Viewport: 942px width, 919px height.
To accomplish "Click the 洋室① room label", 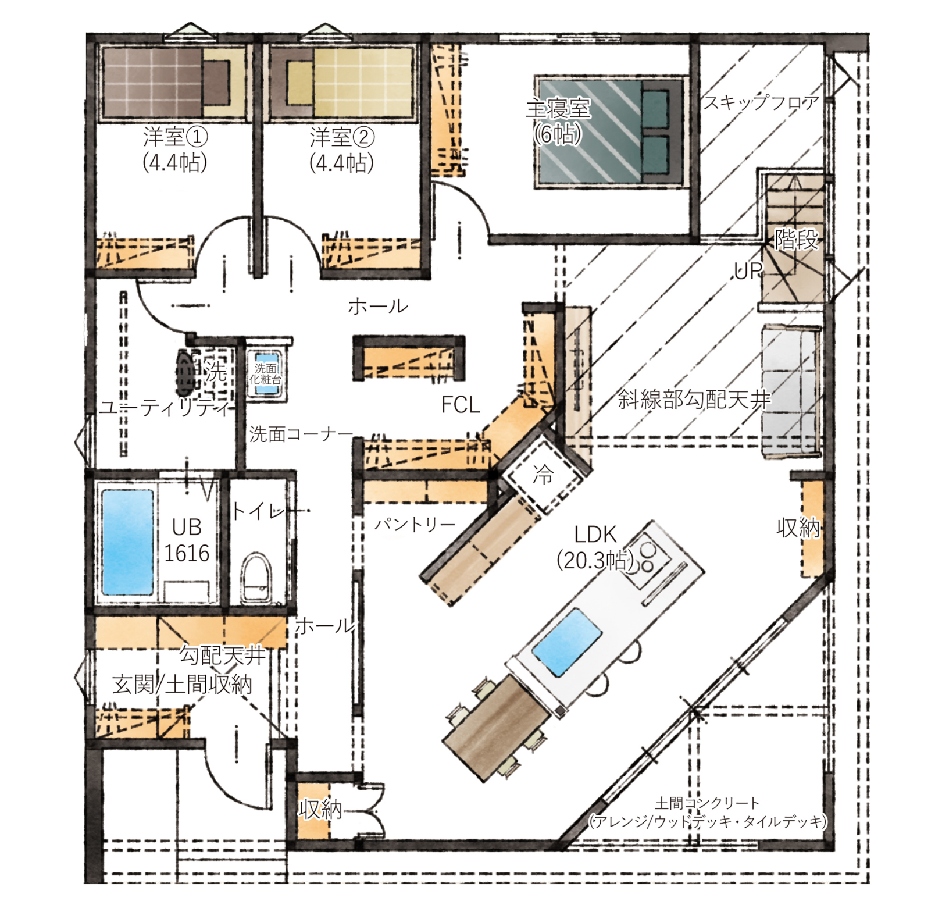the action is click(x=175, y=137).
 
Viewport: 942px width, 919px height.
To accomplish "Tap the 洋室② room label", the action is click(x=342, y=137).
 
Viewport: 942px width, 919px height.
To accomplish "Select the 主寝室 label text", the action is click(x=558, y=109).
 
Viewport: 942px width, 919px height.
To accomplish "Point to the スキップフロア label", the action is click(x=761, y=103).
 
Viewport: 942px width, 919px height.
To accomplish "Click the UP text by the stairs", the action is click(x=748, y=270).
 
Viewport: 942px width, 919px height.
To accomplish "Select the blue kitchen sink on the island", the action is click(x=568, y=643).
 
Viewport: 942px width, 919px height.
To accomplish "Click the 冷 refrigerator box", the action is click(x=543, y=475).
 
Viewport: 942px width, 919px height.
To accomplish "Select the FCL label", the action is click(x=461, y=405).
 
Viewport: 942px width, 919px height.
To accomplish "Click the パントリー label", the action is click(x=415, y=525).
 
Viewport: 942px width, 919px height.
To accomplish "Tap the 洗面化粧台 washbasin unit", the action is click(x=266, y=375).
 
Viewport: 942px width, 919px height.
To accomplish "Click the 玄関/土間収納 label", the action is click(x=182, y=685).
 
